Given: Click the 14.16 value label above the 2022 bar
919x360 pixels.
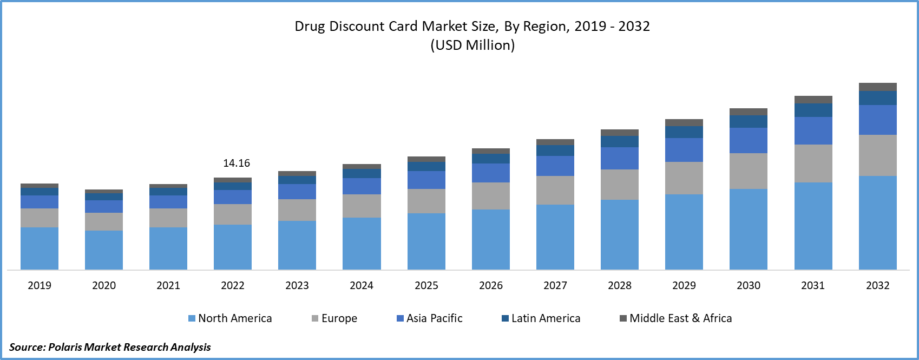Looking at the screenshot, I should [237, 163].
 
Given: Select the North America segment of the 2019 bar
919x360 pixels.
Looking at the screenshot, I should [40, 248].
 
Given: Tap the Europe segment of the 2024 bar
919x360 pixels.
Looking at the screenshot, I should [362, 206].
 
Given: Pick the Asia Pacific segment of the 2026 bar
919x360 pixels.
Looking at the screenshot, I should [491, 173].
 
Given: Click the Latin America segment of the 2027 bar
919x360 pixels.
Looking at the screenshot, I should [555, 150].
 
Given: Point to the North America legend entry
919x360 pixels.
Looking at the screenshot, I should [230, 318].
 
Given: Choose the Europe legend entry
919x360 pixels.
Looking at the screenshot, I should [334, 318].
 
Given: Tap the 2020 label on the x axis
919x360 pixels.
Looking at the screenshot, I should [104, 285].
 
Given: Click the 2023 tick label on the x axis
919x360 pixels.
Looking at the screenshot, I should [297, 285].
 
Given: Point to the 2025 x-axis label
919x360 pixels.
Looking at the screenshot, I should [426, 285].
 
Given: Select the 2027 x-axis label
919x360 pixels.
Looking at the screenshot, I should [555, 285].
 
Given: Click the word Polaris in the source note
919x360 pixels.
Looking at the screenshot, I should [65, 347].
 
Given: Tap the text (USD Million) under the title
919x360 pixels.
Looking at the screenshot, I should [472, 45].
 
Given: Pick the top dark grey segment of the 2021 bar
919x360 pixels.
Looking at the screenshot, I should [168, 186].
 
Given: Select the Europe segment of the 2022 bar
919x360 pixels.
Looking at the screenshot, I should [233, 214].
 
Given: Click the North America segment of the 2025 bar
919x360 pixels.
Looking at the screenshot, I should [426, 241].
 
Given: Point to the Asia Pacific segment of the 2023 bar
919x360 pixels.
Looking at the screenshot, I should [297, 192].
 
